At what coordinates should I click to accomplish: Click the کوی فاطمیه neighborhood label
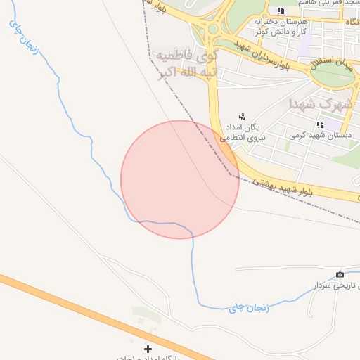[186, 55]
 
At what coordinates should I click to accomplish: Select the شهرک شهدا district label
[320, 104]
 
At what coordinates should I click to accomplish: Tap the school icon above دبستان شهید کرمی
[310, 124]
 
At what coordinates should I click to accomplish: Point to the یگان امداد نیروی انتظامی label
[243, 132]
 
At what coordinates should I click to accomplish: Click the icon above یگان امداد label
[243, 117]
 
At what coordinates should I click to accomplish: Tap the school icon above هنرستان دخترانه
[281, 11]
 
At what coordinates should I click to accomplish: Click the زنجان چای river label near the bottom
[239, 307]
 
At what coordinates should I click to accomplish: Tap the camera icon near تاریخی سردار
[340, 274]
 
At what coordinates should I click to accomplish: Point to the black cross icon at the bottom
[148, 349]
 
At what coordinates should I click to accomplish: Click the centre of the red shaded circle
[180, 179]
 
